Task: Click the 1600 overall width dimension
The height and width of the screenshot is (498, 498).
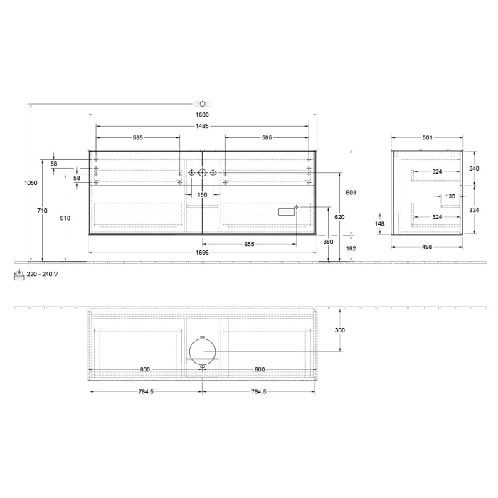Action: (x=202, y=115)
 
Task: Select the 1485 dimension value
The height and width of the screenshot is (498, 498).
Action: (x=202, y=126)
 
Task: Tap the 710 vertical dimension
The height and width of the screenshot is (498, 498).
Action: (x=43, y=211)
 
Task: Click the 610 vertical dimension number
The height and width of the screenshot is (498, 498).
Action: (x=65, y=218)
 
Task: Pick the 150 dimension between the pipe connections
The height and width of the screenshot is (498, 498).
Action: (x=202, y=194)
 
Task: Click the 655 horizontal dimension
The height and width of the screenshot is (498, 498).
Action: (x=249, y=244)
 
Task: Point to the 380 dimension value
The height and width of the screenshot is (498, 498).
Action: (x=328, y=241)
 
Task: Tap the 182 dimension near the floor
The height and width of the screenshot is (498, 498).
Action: (x=351, y=248)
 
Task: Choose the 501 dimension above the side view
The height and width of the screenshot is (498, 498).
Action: (x=427, y=138)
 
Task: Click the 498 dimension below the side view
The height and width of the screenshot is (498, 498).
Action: (x=427, y=246)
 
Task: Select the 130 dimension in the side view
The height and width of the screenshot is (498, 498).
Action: (x=450, y=196)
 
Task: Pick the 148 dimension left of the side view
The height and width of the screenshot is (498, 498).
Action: (x=380, y=224)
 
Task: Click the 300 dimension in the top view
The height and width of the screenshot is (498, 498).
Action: (x=339, y=330)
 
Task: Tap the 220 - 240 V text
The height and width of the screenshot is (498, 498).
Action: (x=43, y=274)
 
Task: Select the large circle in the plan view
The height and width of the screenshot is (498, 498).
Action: (x=202, y=352)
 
